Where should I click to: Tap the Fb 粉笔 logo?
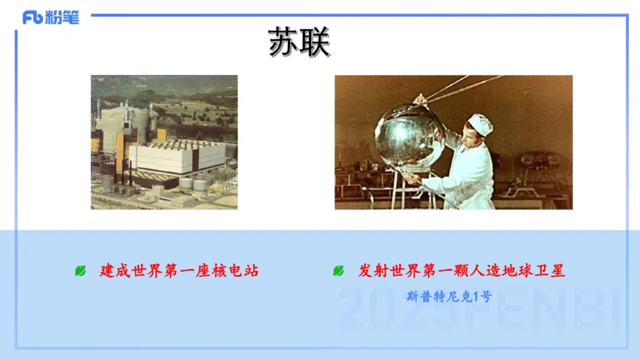[x=50, y=18]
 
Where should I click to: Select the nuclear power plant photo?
[x=164, y=142]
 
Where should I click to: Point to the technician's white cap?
[x=480, y=122]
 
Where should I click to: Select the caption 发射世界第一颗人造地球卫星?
[x=462, y=270]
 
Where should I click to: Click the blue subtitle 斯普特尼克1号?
[x=448, y=296]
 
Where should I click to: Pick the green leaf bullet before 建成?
[x=81, y=271]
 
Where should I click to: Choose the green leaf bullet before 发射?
[x=339, y=271]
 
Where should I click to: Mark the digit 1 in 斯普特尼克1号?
[x=475, y=296]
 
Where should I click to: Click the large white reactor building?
[x=172, y=156]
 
